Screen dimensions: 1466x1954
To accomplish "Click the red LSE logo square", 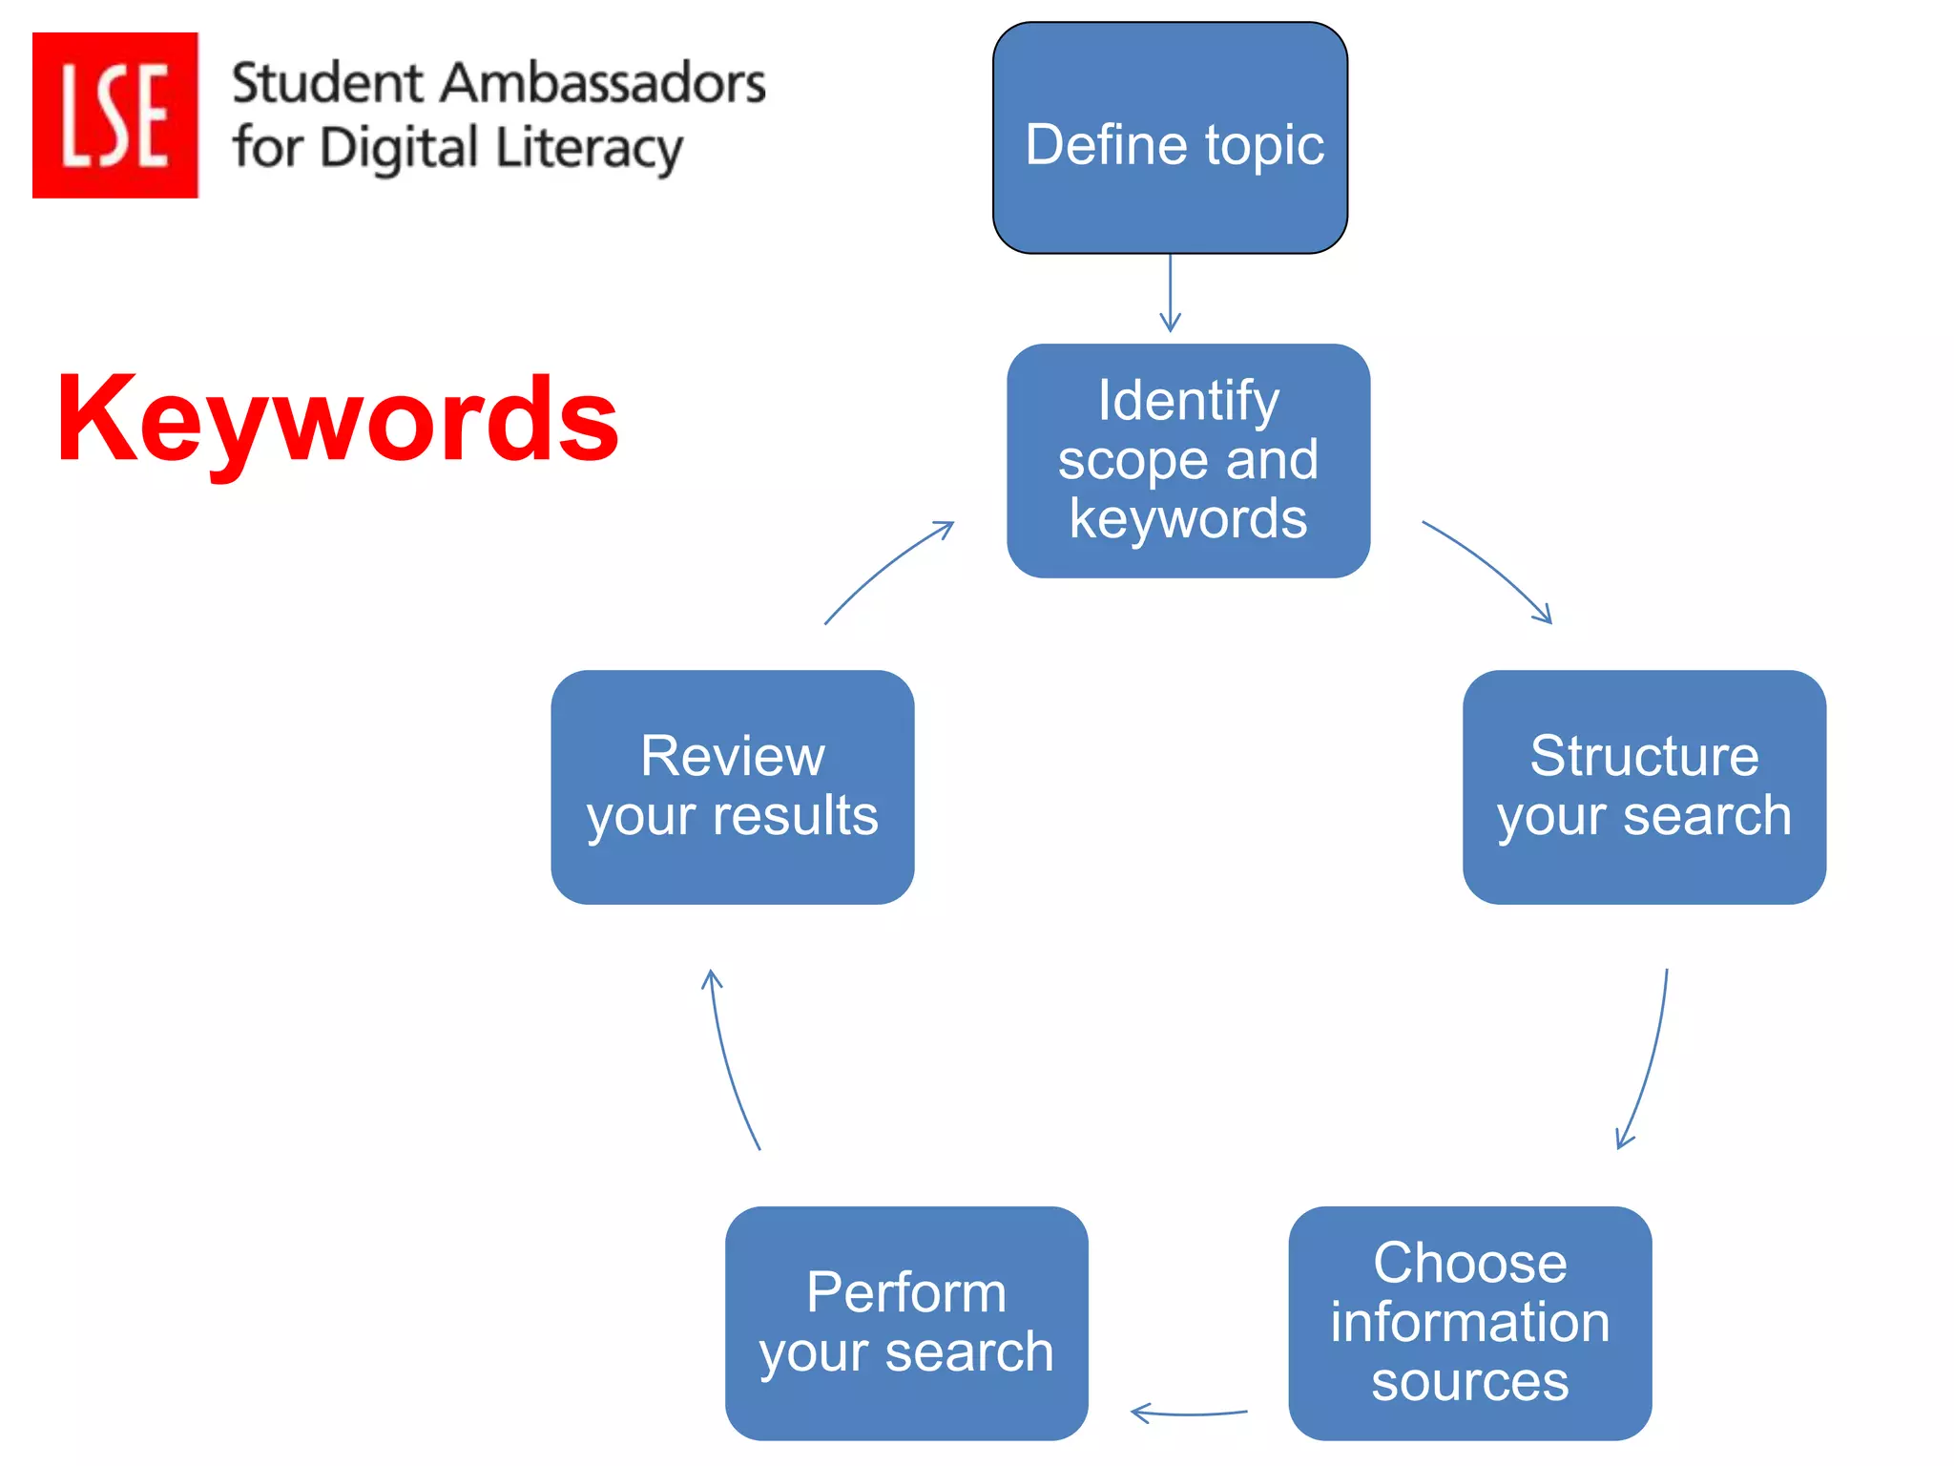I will pos(114,115).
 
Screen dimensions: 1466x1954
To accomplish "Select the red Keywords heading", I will pos(338,420).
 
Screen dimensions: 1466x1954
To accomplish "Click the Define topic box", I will pos(1170,138).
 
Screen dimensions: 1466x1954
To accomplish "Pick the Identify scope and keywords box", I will pos(1188,460).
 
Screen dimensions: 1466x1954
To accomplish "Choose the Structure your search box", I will pos(1643,786).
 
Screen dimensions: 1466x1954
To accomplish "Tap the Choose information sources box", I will pos(1469,1322).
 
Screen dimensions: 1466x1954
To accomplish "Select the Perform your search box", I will pos(905,1322).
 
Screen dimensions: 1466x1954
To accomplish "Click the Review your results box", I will pos(732,786).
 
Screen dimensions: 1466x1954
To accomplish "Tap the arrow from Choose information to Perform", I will pos(1188,1413).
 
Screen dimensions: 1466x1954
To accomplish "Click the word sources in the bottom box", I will pos(1469,1380).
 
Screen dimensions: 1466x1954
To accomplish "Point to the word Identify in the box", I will pos(1188,400).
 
